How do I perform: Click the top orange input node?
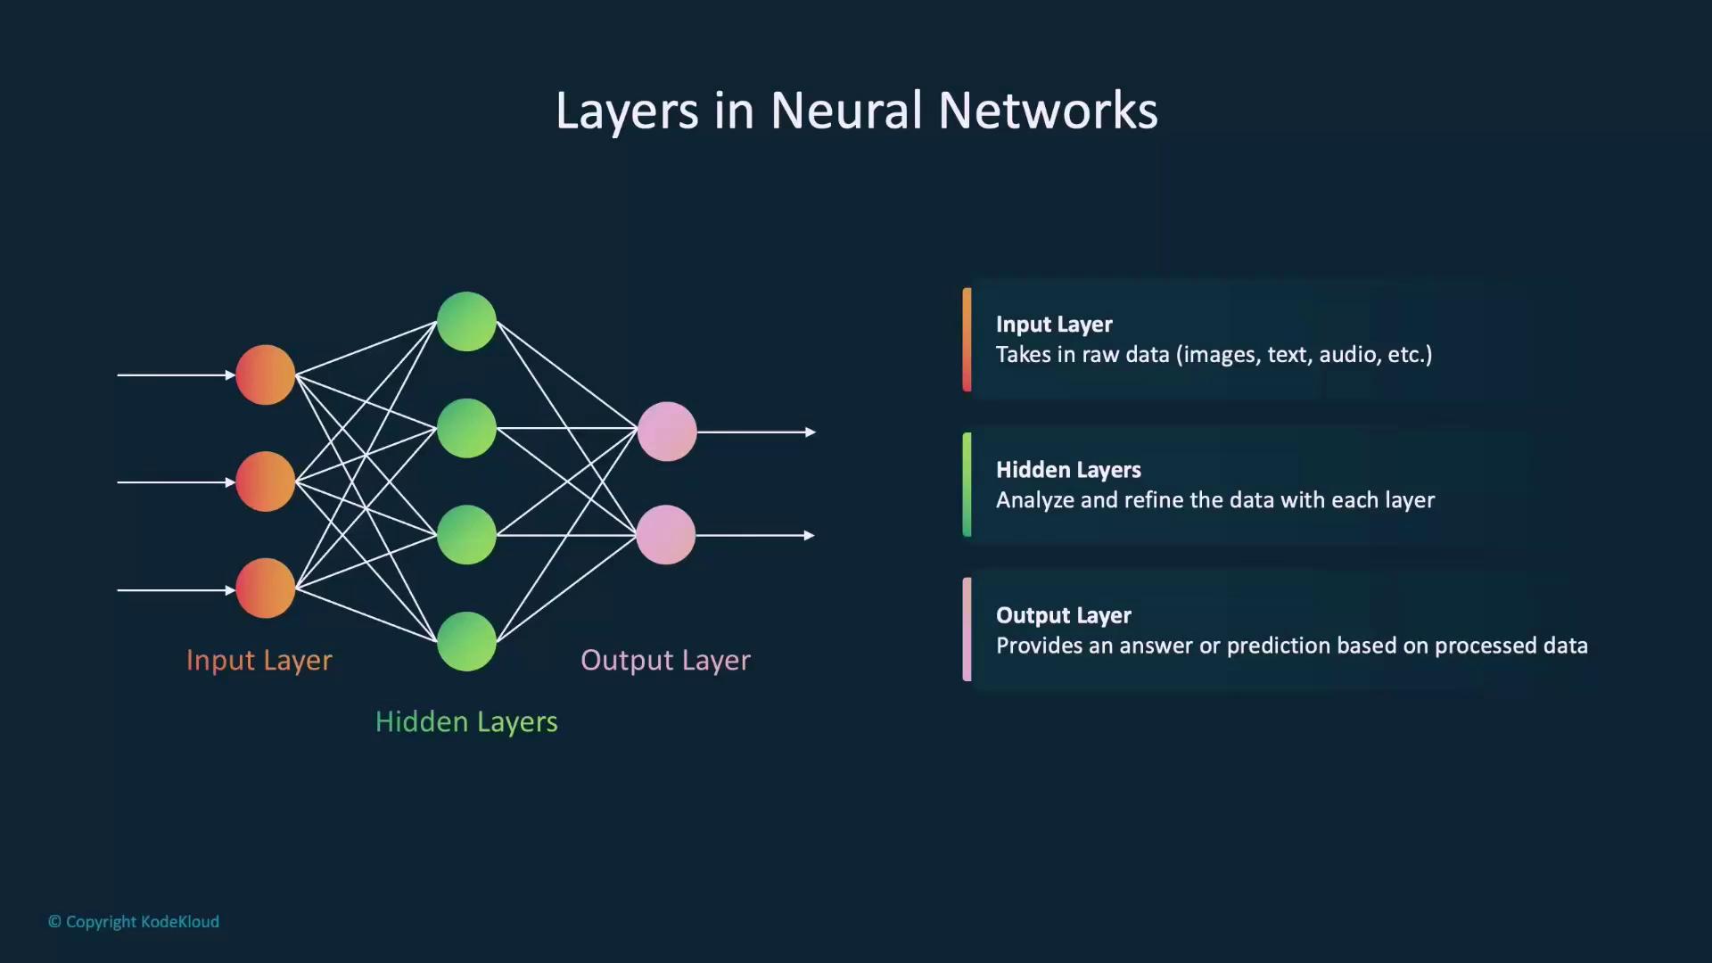click(x=265, y=375)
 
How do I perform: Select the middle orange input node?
click(x=265, y=481)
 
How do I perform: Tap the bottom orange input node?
click(x=265, y=588)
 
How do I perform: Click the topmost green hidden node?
click(x=466, y=321)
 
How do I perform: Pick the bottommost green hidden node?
click(x=466, y=641)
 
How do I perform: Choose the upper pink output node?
click(x=667, y=432)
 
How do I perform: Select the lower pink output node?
click(x=666, y=535)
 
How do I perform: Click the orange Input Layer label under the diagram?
click(x=259, y=660)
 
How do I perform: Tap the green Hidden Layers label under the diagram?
click(x=466, y=721)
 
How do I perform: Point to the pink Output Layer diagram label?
click(x=665, y=660)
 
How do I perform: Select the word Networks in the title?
click(x=1048, y=111)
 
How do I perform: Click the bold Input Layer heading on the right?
click(x=1054, y=325)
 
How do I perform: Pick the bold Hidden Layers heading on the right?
click(x=1068, y=470)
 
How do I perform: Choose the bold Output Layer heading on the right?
click(x=1063, y=615)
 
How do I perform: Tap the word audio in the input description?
click(x=1347, y=355)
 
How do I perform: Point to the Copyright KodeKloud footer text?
click(x=134, y=922)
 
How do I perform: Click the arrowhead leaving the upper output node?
click(x=811, y=432)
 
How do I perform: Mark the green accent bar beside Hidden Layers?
click(x=967, y=484)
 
